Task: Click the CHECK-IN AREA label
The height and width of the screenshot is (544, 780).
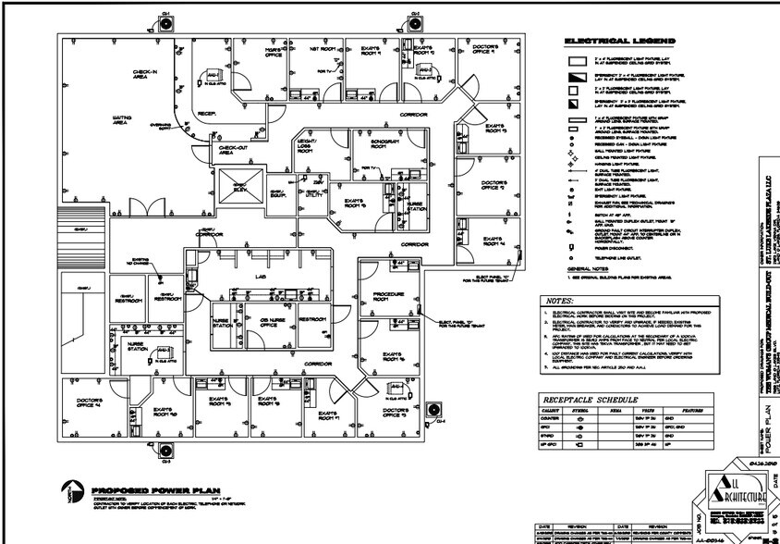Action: point(144,74)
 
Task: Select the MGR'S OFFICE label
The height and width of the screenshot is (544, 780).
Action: point(274,54)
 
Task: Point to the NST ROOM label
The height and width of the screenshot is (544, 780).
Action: point(320,48)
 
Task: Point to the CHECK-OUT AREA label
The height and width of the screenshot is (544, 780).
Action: point(225,150)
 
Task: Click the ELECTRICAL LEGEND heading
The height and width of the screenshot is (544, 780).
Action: point(619,42)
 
